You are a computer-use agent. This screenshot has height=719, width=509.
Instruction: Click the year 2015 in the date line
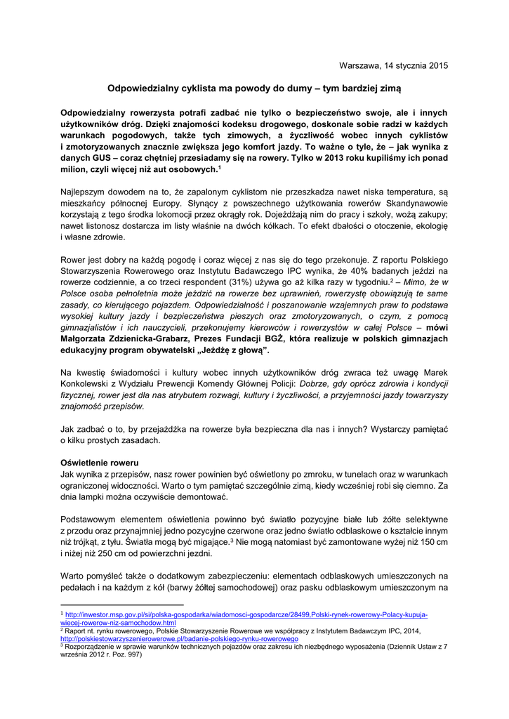(x=437, y=65)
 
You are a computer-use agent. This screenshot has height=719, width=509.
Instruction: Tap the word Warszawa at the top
(x=359, y=65)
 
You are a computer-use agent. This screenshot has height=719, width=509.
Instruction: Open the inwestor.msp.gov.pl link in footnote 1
(x=246, y=614)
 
